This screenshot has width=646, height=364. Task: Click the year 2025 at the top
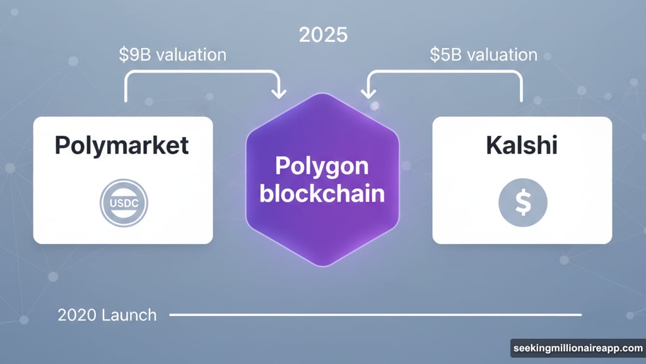click(323, 35)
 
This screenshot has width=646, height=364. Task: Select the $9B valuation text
click(172, 55)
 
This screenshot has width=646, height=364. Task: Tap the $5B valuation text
click(484, 55)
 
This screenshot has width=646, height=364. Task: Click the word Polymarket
click(122, 145)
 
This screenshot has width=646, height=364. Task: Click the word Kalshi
click(521, 145)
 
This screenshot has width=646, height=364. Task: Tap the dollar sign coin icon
click(522, 203)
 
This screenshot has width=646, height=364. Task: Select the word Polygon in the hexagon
click(322, 166)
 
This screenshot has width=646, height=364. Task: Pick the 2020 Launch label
click(107, 315)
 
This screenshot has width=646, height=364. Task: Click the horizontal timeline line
click(375, 314)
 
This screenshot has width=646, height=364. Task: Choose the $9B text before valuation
click(134, 55)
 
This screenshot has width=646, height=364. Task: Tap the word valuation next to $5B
click(502, 55)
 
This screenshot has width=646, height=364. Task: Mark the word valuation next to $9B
click(191, 55)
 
